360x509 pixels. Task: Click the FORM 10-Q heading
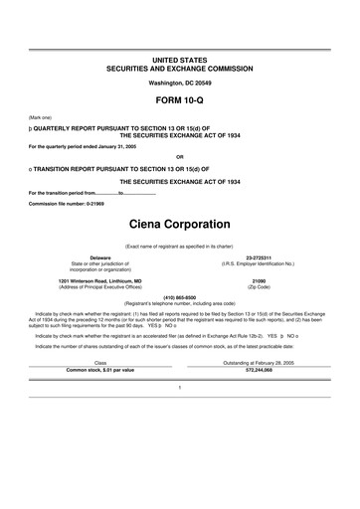tap(180, 101)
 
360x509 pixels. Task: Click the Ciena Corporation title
tap(180, 225)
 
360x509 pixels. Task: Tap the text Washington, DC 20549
tap(180, 83)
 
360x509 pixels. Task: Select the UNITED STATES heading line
tap(180, 61)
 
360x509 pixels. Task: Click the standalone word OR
tap(180, 157)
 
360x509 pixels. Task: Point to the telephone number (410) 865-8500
tap(180, 296)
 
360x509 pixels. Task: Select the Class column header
tap(99, 363)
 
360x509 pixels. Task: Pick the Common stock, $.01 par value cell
tap(99, 370)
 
